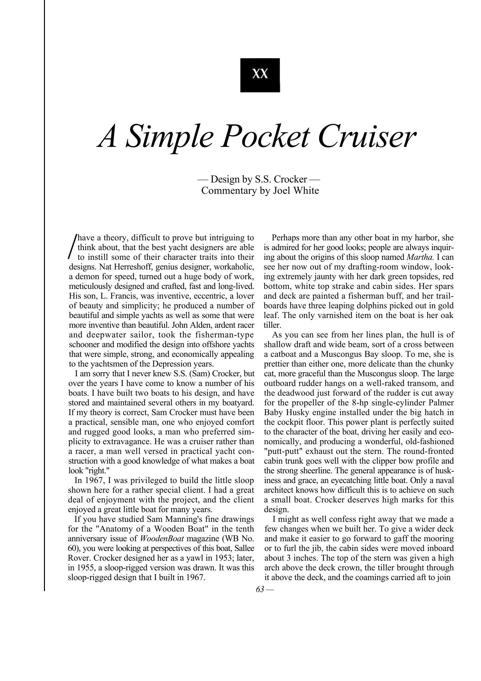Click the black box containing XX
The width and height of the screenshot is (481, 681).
260,75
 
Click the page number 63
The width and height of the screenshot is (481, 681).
260,589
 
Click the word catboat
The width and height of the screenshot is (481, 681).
284,354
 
